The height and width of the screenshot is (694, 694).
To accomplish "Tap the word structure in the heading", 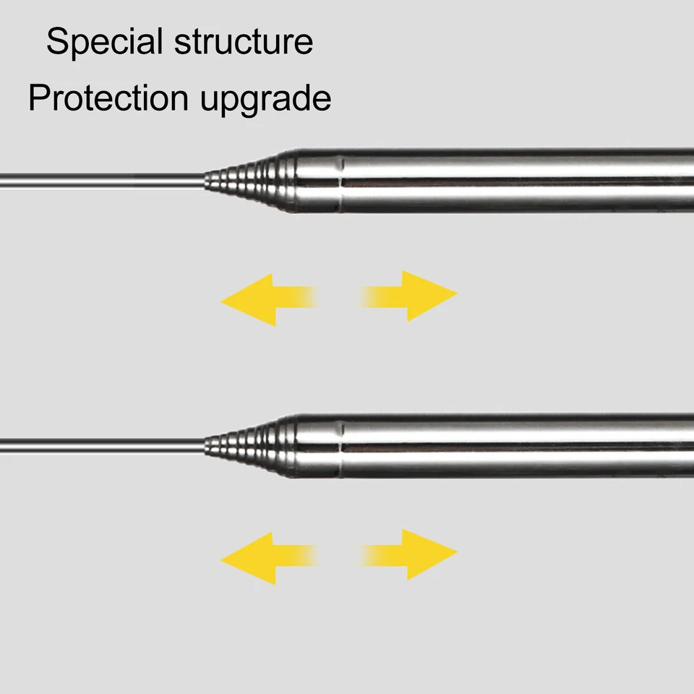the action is coord(244,42).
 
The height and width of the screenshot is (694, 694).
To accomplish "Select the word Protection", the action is coord(108,98).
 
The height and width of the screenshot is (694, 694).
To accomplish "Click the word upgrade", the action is coord(265,100).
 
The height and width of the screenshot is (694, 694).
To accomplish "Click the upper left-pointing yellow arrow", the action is coord(270,299).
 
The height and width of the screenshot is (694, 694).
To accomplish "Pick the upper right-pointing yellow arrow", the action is coord(408,296).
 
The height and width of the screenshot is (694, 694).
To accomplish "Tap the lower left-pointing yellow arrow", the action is coord(270,558).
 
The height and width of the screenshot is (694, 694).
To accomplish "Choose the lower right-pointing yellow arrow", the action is coord(408,554).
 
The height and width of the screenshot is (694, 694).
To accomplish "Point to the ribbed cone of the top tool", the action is coord(250,181).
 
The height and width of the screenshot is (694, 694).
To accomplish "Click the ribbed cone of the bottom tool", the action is coord(250,446).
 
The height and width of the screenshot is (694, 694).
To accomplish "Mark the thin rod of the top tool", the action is coord(102,181).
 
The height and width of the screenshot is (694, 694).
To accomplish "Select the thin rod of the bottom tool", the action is coord(102,446).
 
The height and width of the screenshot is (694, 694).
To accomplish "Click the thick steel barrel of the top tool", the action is coord(494,181).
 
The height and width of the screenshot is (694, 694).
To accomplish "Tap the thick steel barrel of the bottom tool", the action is coord(494,446).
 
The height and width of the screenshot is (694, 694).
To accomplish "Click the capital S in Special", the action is coord(59,41).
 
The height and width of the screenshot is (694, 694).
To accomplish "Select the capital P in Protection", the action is coord(39,97).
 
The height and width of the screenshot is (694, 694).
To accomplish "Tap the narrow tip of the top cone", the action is coord(207,181).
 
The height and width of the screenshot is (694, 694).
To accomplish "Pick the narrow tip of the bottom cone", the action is coord(207,446).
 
